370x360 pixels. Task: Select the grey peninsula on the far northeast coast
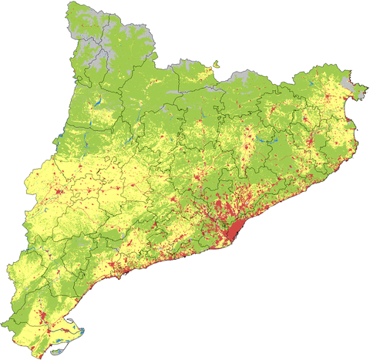[356, 92]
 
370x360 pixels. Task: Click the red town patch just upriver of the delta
[42, 317]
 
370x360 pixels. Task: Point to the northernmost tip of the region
[72, 3]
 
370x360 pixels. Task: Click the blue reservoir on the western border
[57, 140]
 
